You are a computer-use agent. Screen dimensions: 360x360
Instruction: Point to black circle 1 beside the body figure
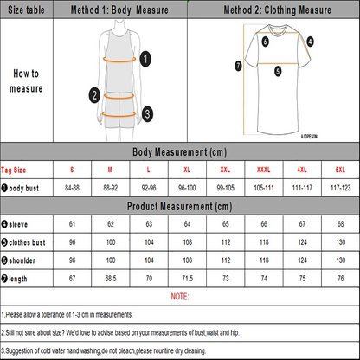pos(146,58)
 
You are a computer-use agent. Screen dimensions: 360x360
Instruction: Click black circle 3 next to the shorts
pos(147,112)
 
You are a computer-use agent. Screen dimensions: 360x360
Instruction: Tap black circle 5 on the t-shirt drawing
pos(277,74)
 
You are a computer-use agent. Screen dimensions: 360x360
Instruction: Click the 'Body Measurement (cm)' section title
pos(179,151)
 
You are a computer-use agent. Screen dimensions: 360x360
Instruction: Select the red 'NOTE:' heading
pos(179,296)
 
